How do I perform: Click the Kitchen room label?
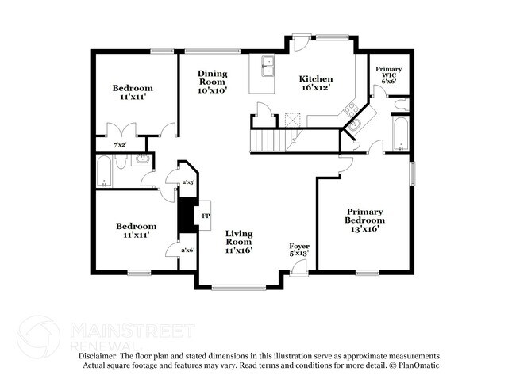(316, 82)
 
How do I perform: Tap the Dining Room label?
(212, 82)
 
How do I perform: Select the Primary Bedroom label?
(364, 220)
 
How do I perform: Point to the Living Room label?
(239, 242)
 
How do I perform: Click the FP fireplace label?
(206, 216)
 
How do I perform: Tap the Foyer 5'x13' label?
(299, 250)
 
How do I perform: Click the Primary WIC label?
(389, 75)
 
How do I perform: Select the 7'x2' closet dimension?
(120, 144)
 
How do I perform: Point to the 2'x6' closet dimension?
(188, 250)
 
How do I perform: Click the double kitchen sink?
(268, 66)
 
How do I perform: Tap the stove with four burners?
(352, 109)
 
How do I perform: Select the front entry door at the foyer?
(299, 266)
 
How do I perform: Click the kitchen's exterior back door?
(300, 43)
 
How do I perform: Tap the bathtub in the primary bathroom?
(401, 133)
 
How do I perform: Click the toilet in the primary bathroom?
(402, 104)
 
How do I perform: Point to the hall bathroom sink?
(142, 159)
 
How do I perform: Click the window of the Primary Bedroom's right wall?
(412, 173)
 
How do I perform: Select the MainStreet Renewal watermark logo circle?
(39, 336)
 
